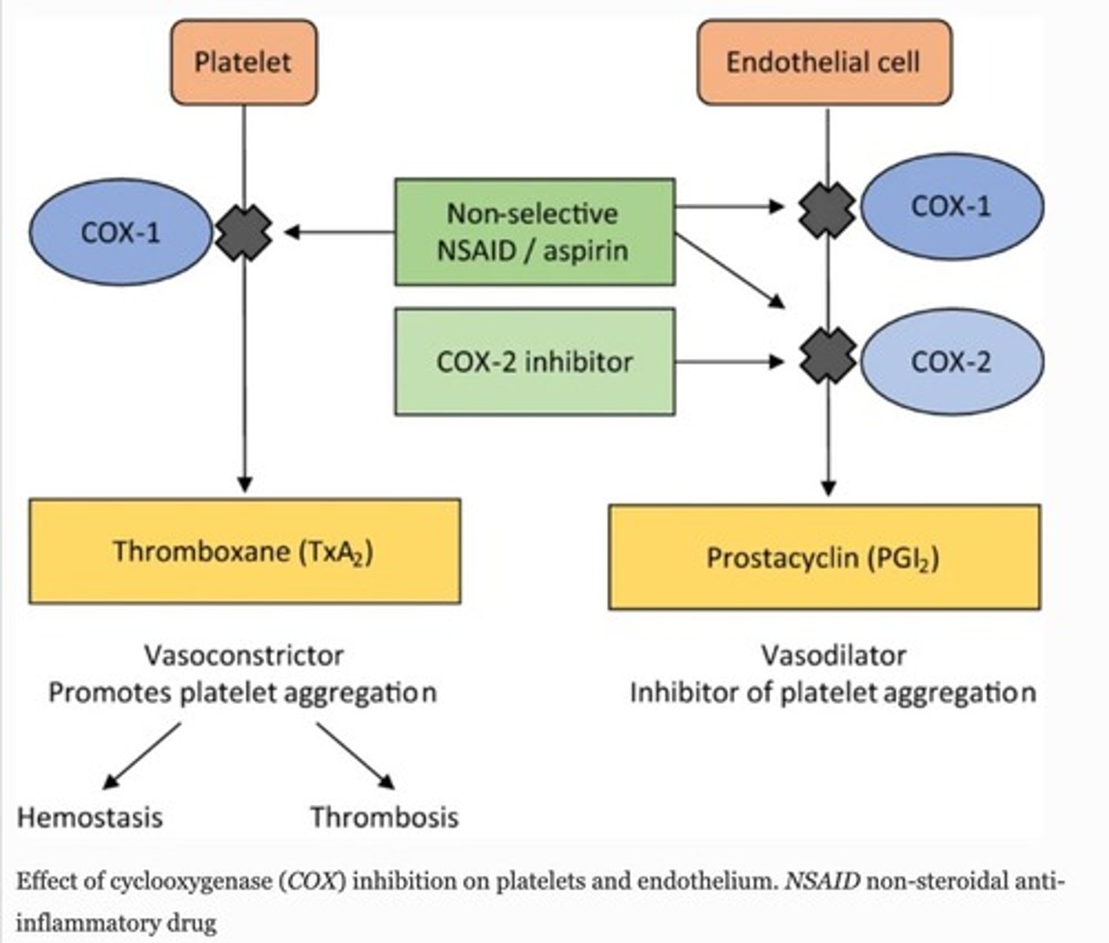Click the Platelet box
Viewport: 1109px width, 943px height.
(243, 62)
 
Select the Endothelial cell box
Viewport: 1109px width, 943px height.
(824, 62)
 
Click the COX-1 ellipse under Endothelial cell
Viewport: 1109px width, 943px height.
(952, 207)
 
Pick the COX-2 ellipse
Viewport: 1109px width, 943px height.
(952, 361)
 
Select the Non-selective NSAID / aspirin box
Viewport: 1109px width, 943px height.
(534, 232)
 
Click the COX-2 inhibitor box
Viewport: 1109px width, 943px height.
(534, 361)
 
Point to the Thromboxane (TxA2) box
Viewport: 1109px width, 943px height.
(244, 551)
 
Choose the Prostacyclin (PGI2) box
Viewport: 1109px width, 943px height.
(824, 557)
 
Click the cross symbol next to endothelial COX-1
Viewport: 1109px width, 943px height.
(827, 209)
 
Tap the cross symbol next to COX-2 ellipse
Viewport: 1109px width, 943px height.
(827, 356)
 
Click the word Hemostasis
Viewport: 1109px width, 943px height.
(90, 817)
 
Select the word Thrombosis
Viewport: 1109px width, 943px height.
(384, 817)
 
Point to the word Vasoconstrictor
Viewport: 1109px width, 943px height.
(244, 655)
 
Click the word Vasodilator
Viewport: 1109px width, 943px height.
(833, 655)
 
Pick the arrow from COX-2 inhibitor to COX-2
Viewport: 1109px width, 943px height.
(729, 361)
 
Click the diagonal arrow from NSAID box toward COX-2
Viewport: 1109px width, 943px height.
(729, 270)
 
